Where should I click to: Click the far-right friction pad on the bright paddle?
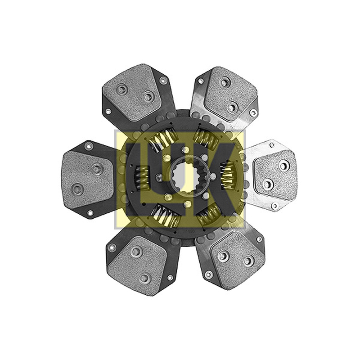(274, 175)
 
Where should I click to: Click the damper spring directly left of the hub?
(141, 178)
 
